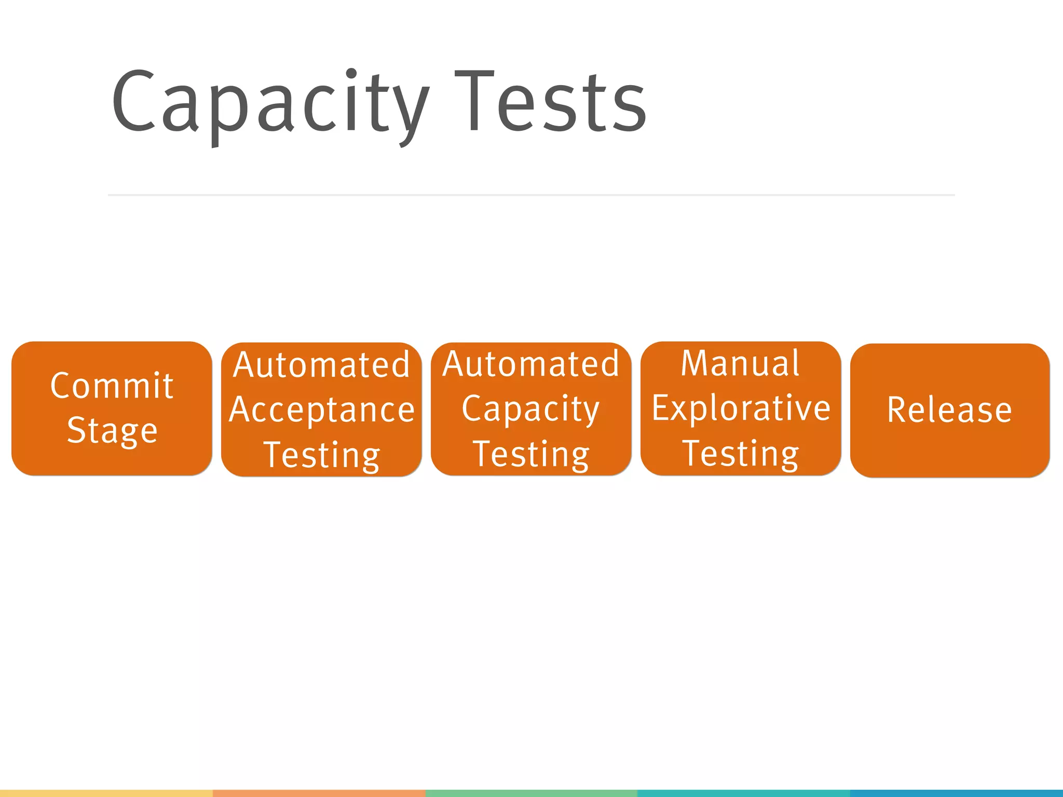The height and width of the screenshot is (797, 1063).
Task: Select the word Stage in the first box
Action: tap(112, 431)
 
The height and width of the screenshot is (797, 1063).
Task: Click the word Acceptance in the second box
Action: tap(322, 410)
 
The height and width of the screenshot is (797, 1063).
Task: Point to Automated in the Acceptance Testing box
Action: tap(322, 365)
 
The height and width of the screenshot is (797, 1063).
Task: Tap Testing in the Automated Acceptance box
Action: tap(322, 455)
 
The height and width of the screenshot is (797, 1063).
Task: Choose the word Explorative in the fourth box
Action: tap(741, 408)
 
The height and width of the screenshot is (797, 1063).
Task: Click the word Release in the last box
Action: tap(950, 410)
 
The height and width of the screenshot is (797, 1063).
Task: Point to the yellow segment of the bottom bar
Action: tap(106, 793)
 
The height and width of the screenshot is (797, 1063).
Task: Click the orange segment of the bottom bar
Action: tap(319, 793)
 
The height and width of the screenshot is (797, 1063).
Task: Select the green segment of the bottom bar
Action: tap(531, 793)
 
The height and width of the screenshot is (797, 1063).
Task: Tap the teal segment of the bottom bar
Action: tap(743, 793)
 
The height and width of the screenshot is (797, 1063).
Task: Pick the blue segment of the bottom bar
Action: tap(956, 793)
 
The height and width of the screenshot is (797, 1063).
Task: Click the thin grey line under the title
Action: tap(531, 195)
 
